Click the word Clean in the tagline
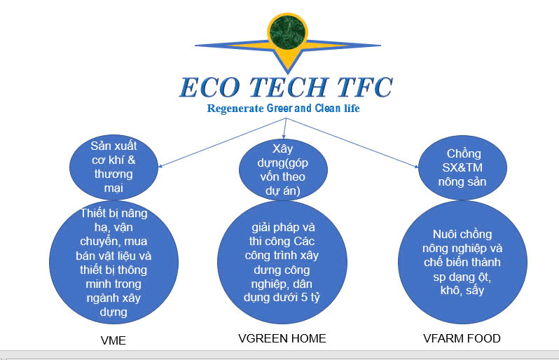325,109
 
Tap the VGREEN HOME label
282,339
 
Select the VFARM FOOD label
462,339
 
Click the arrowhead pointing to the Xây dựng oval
284,136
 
